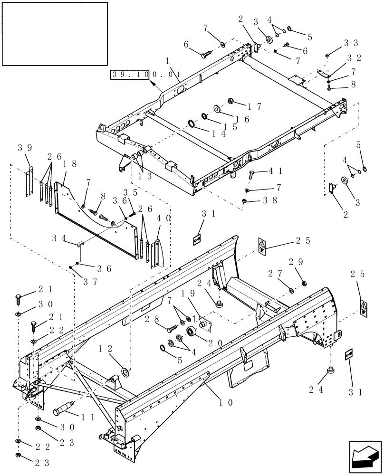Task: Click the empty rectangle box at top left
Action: [x=55, y=33]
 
